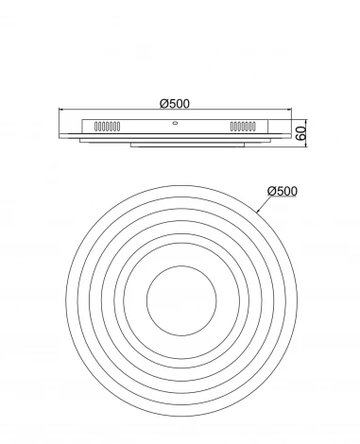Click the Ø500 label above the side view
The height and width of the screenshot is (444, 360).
[175, 104]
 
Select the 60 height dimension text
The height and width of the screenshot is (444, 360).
[301, 133]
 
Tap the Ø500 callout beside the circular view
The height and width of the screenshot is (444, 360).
[283, 191]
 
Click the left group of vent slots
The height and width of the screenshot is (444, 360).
[108, 127]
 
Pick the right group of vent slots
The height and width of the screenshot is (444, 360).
[243, 127]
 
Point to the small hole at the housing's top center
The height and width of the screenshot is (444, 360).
[175, 123]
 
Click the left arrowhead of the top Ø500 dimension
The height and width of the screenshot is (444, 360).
[61, 110]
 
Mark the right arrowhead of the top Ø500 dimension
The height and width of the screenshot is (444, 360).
[289, 110]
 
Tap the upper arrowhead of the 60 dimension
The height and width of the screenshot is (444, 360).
[306, 122]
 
